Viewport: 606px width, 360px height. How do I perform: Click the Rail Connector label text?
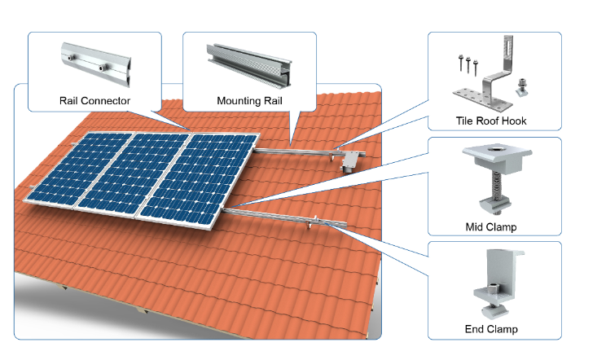coord(94,101)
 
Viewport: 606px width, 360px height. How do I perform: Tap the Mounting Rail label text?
coord(249,101)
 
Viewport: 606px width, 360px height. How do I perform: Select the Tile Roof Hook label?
coord(491,121)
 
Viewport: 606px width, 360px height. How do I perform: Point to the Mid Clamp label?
coord(491,226)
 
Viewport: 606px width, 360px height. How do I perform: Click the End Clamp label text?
coord(491,330)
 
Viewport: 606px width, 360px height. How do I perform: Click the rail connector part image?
coord(94,63)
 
